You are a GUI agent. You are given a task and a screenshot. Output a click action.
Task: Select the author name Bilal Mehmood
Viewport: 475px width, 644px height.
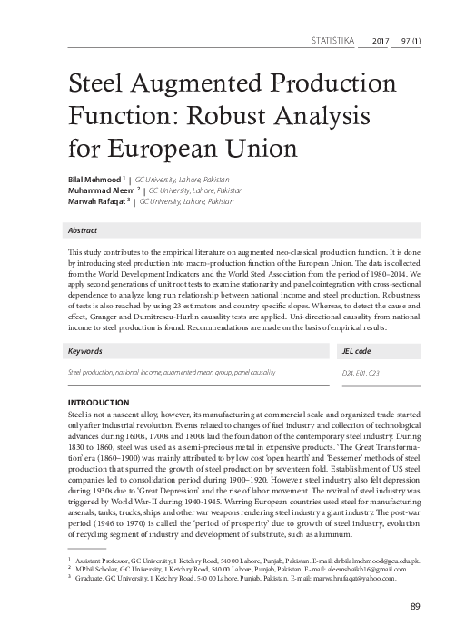87,181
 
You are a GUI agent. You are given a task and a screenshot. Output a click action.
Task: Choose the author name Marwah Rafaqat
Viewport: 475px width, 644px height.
92,202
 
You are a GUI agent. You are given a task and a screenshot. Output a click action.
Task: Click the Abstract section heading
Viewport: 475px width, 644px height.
84,230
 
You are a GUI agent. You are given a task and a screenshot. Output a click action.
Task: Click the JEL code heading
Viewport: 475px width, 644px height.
356,350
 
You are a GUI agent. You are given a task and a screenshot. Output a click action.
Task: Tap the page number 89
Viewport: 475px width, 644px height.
414,606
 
